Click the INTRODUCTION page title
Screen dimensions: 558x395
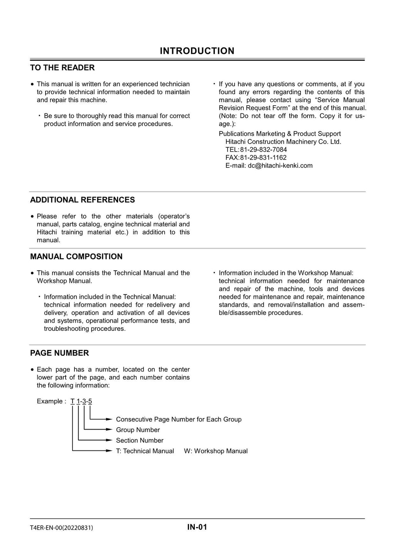197,51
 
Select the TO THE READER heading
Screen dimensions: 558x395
62,68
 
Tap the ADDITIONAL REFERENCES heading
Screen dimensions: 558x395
83,200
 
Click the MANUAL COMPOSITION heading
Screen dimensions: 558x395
76,256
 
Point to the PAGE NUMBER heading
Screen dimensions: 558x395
59,353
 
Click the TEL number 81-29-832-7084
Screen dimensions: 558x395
263,150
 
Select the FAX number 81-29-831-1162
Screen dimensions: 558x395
263,157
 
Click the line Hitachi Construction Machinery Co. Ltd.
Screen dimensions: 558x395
283,142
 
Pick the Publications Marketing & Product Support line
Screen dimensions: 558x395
280,134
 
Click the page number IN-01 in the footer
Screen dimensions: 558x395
197,527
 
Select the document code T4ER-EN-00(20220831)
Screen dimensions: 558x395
61,528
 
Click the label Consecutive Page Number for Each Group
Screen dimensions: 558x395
179,419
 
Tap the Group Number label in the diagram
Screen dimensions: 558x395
138,430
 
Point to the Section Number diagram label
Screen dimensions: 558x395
140,440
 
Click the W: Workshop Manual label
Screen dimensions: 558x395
216,451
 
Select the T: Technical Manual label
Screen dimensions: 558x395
145,451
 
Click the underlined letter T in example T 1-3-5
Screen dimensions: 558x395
73,401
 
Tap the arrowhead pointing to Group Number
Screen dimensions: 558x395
110,430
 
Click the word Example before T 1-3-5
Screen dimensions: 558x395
49,401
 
